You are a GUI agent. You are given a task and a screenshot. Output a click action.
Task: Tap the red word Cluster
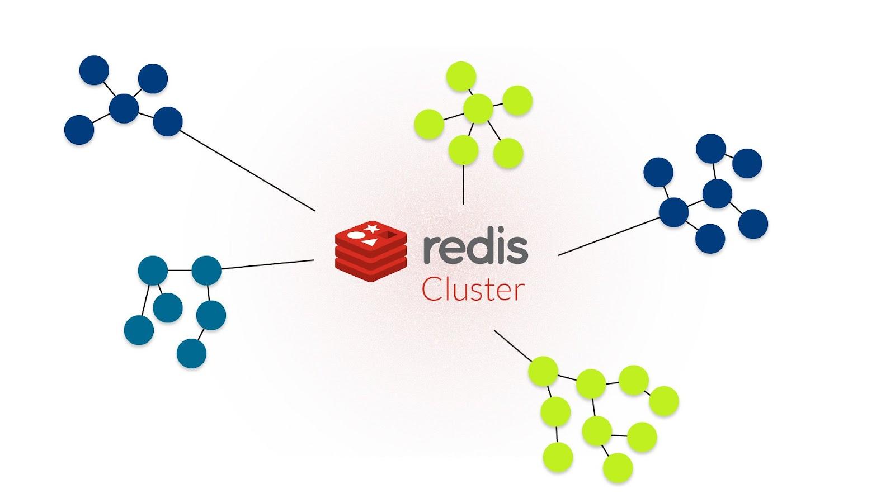pyautogui.click(x=473, y=291)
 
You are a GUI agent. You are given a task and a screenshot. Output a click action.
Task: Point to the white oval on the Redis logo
pyautogui.click(x=355, y=235)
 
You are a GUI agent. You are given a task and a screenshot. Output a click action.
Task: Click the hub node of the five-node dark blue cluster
pyautogui.click(x=124, y=108)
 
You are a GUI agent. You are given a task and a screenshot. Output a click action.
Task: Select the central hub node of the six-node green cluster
pyautogui.click(x=478, y=108)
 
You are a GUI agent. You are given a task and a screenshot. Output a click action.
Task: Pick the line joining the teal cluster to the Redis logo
pyautogui.click(x=267, y=264)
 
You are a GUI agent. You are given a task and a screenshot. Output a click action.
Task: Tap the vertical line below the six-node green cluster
pyautogui.click(x=464, y=184)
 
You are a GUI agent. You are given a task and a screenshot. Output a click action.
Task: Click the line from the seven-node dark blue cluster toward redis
pyautogui.click(x=610, y=236)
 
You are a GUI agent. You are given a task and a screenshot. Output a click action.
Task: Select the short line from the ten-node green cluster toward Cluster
pyautogui.click(x=512, y=345)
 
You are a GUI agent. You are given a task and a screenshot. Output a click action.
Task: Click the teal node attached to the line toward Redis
pyautogui.click(x=206, y=271)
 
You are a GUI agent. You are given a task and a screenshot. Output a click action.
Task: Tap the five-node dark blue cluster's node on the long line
pyautogui.click(x=167, y=121)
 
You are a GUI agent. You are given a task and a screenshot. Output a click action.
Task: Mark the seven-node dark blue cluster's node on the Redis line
pyautogui.click(x=673, y=212)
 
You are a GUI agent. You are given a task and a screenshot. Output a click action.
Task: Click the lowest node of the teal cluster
pyautogui.click(x=191, y=353)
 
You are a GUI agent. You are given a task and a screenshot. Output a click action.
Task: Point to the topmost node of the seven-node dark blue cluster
pyautogui.click(x=710, y=149)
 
